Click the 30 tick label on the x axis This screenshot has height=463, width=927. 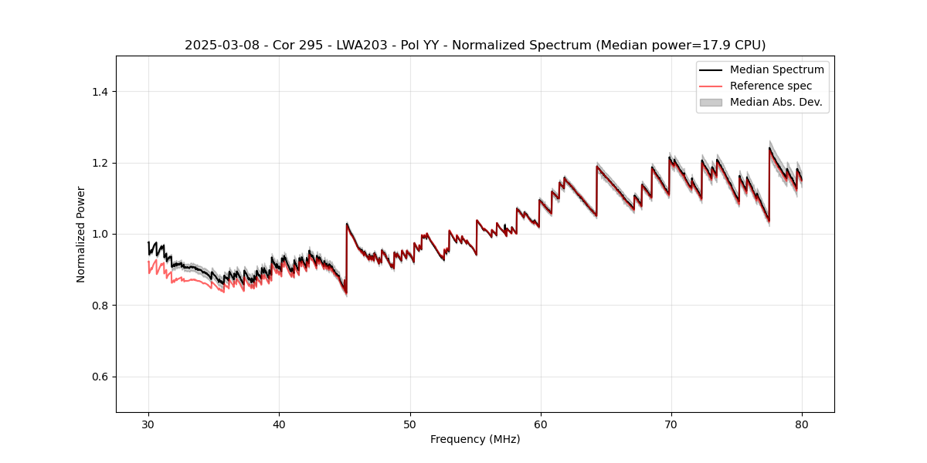click(x=148, y=424)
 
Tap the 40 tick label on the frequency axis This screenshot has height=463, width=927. click(x=279, y=424)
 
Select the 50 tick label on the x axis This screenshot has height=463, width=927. click(x=410, y=424)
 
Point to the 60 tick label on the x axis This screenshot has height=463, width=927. click(x=541, y=424)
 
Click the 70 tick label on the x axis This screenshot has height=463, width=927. click(x=671, y=424)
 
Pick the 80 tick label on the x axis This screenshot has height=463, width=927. click(x=802, y=424)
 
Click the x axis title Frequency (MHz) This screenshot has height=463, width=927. click(x=475, y=439)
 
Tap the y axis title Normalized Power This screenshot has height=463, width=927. click(x=81, y=234)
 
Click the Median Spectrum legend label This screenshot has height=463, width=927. click(x=776, y=69)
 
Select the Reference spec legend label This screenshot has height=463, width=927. click(x=770, y=86)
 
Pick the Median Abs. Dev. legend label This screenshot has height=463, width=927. click(x=776, y=102)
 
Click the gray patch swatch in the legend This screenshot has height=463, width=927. click(x=711, y=102)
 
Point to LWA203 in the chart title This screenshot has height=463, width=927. click(x=351, y=46)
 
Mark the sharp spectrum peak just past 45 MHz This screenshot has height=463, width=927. click(x=347, y=224)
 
